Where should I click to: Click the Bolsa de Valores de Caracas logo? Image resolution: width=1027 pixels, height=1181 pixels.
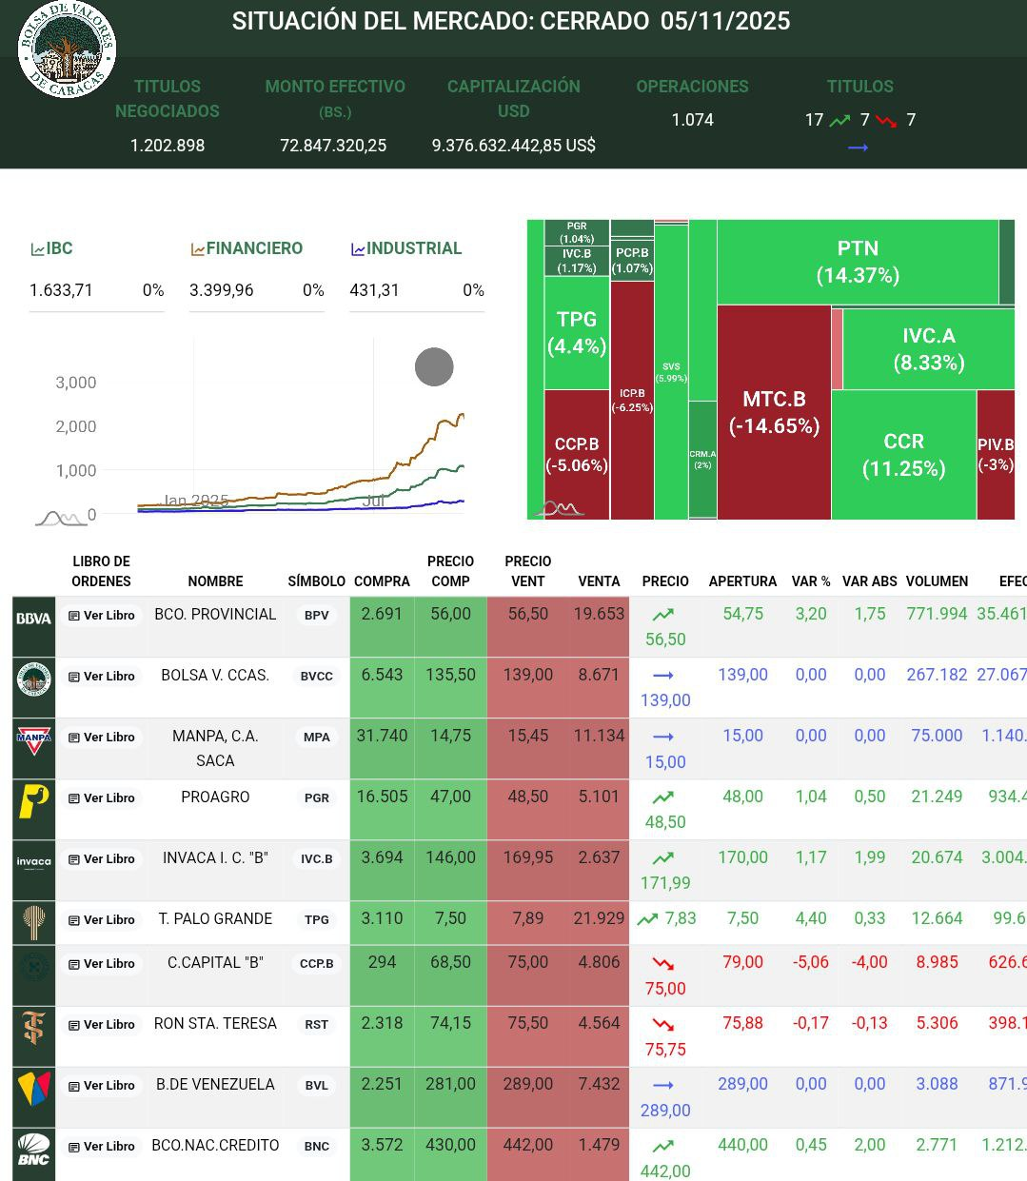(67, 49)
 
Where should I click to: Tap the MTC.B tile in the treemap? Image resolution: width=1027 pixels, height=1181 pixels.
(774, 412)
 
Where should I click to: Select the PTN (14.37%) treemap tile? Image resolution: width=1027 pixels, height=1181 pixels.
(857, 262)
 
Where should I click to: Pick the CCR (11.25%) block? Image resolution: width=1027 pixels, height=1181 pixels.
(903, 455)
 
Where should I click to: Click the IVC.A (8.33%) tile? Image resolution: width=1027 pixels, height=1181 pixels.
(928, 348)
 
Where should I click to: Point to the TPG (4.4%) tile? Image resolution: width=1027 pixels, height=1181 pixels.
(577, 332)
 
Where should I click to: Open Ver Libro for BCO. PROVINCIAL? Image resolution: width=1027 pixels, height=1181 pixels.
(102, 615)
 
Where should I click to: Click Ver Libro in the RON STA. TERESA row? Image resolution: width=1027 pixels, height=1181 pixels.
(102, 1024)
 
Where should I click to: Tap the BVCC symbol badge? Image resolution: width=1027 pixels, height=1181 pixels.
(317, 676)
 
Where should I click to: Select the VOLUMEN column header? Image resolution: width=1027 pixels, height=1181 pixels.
(937, 581)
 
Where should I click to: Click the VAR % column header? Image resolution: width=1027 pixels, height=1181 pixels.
(811, 581)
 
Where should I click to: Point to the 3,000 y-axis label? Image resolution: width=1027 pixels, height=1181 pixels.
(76, 383)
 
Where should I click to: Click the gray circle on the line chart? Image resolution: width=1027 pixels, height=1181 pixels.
(434, 366)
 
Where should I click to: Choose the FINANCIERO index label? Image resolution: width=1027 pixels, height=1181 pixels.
(247, 248)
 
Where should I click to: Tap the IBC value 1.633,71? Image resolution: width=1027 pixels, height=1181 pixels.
(62, 290)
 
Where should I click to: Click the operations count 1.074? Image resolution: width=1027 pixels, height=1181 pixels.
(692, 120)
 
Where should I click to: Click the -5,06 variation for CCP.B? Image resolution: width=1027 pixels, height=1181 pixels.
(811, 962)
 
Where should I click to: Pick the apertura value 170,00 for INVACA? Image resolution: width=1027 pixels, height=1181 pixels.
(742, 857)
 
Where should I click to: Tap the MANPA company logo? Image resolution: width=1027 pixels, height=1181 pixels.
(34, 738)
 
